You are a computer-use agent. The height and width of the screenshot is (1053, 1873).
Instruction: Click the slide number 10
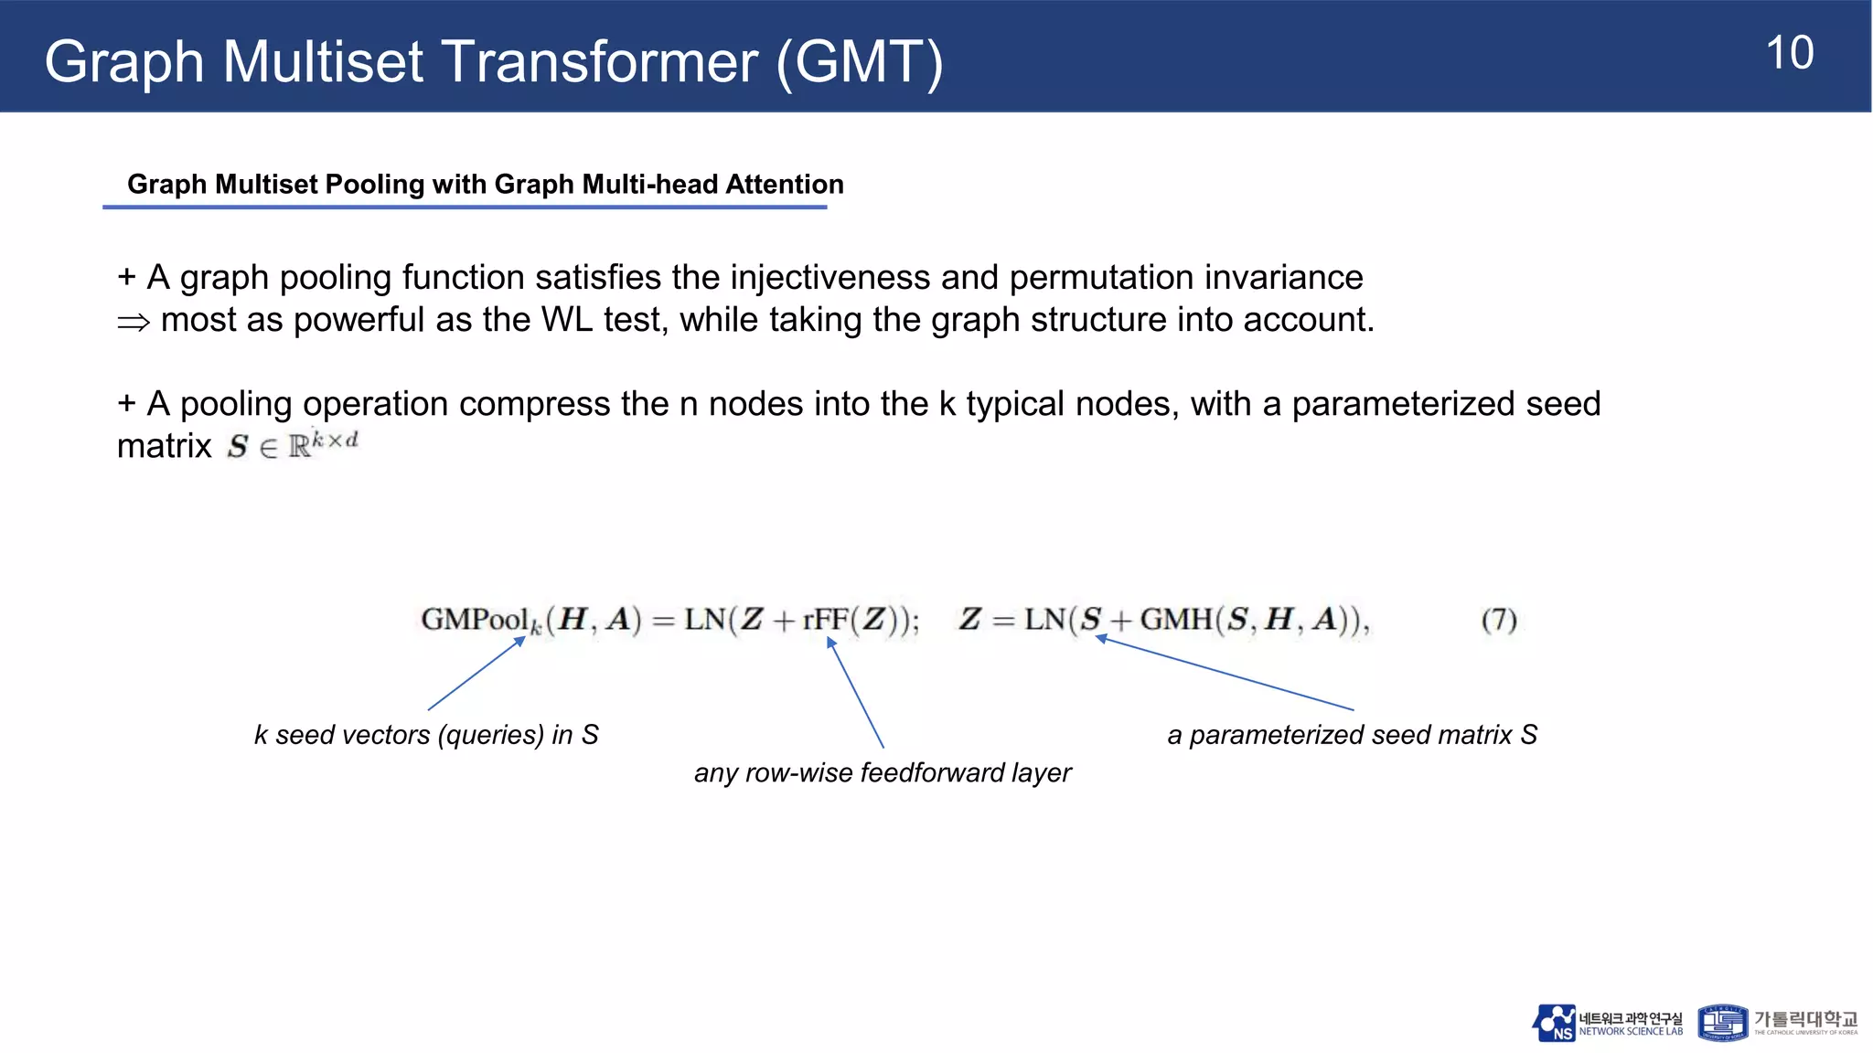(1790, 54)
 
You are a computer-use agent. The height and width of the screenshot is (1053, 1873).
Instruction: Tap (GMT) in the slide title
(860, 62)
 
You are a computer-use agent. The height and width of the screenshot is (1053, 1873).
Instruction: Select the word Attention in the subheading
(784, 185)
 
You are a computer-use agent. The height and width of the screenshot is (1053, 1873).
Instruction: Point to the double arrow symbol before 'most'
(134, 322)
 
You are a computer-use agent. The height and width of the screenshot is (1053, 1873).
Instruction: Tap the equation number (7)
(1499, 621)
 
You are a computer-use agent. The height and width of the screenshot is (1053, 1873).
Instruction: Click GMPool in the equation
(475, 620)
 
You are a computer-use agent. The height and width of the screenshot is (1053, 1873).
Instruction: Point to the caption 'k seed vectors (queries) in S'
(426, 735)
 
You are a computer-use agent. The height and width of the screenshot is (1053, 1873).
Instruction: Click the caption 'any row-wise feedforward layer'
(883, 773)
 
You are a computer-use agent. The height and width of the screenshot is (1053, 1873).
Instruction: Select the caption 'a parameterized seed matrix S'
(1352, 735)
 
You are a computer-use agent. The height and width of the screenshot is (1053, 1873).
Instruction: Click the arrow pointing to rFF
(856, 693)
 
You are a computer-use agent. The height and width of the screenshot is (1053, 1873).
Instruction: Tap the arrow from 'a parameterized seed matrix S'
(1225, 673)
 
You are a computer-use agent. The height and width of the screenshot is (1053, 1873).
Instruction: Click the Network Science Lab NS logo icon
(1554, 1023)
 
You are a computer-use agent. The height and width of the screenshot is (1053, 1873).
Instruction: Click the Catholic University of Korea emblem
(1722, 1023)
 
